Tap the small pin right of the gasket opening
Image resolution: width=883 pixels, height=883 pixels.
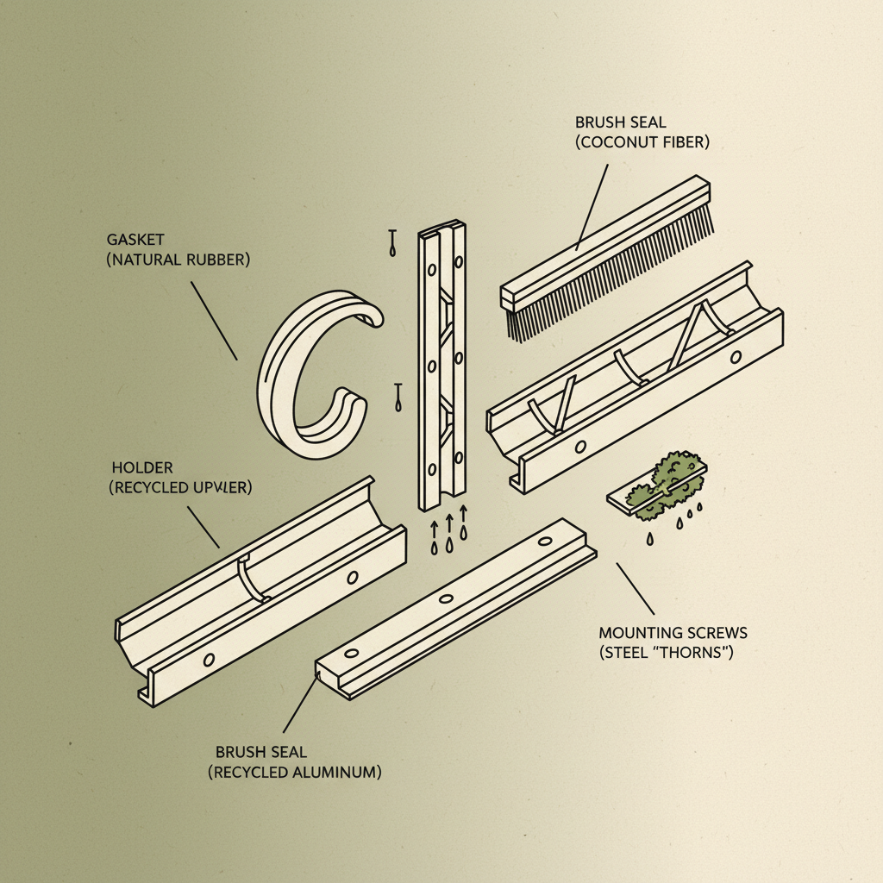tap(397, 397)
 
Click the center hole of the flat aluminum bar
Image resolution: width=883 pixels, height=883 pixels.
tap(445, 599)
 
